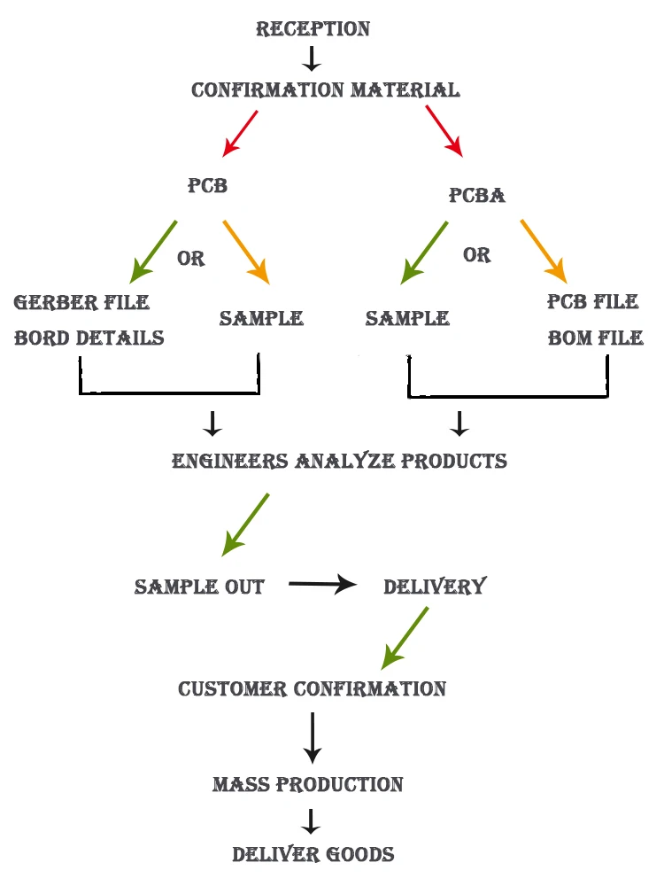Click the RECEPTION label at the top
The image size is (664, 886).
[313, 29]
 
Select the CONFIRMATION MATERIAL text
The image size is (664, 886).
[325, 90]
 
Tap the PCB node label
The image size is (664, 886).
[207, 186]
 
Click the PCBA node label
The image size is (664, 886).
[476, 196]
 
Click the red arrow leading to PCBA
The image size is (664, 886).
[444, 131]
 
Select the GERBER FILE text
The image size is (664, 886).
[81, 303]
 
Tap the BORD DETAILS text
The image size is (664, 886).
[89, 338]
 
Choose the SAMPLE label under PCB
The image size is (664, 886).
[261, 319]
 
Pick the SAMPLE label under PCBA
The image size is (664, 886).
[407, 319]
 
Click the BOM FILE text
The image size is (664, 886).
[595, 338]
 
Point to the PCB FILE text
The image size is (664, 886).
[592, 302]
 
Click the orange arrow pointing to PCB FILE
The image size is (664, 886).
[543, 249]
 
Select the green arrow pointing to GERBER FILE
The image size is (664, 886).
[154, 252]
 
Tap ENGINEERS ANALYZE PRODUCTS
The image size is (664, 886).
[339, 462]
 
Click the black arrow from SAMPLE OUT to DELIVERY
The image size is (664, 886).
[322, 585]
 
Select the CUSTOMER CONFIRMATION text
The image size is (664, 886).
[312, 689]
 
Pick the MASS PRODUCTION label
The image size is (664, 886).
[307, 785]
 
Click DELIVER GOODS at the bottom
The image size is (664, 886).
[313, 855]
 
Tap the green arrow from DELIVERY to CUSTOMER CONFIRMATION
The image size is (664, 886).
[405, 638]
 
